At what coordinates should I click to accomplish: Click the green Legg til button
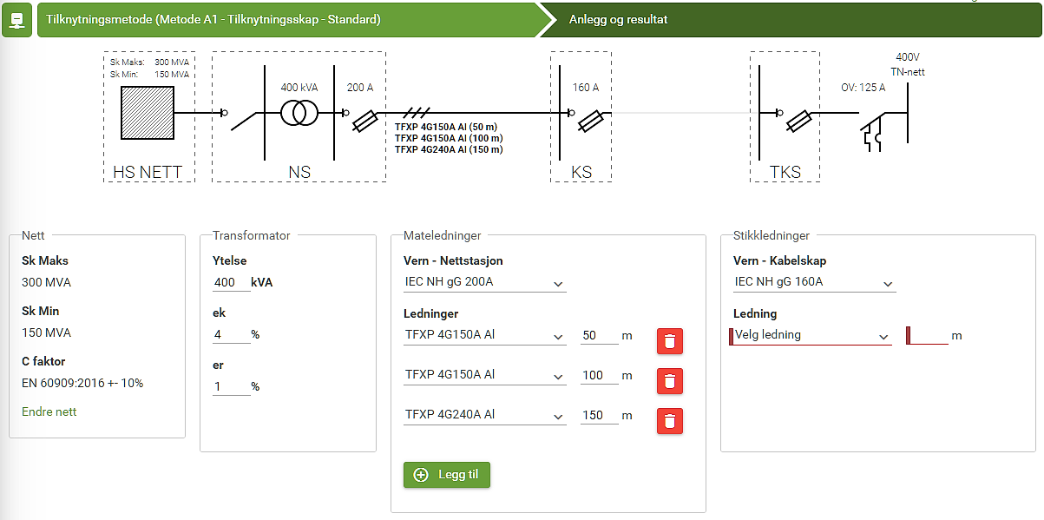446,475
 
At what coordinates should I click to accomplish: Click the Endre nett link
49,411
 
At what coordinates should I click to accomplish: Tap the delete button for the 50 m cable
670,341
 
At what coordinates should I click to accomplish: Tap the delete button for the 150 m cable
670,421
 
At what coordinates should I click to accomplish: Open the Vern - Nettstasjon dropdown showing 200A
485,282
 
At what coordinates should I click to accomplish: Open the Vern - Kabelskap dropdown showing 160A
814,282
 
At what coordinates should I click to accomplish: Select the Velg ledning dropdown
811,335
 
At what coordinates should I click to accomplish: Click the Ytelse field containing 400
231,283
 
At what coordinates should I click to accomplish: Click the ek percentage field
231,334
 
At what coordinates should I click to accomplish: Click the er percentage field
231,386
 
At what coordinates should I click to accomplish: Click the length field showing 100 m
599,375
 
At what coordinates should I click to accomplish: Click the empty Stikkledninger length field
928,335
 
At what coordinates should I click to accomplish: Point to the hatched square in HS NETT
148,112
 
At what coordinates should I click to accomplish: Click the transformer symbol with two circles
299,113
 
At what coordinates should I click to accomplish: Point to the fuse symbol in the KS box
590,121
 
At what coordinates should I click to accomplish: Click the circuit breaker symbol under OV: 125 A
872,132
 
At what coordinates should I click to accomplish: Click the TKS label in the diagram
785,172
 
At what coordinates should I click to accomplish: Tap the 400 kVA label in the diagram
299,87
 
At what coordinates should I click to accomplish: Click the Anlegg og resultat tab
618,20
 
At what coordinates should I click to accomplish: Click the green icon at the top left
16,20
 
